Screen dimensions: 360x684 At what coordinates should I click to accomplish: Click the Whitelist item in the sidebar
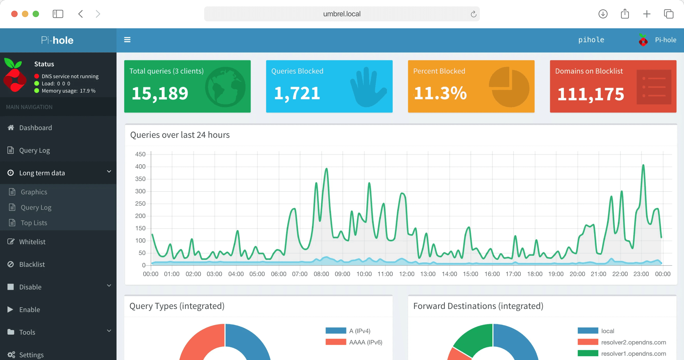(x=32, y=242)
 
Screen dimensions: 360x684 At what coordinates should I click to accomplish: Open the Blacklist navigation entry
(x=32, y=264)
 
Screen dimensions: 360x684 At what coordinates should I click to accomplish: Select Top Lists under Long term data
(x=34, y=223)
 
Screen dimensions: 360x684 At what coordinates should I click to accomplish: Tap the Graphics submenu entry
(x=34, y=192)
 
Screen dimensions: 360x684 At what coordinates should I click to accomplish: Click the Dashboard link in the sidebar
(x=35, y=128)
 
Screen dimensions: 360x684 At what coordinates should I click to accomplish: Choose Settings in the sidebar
(x=31, y=355)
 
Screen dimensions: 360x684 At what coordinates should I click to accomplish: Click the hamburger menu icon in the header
(x=127, y=40)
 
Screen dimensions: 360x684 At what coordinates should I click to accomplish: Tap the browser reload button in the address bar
(x=473, y=14)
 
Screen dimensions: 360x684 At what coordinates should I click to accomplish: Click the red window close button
(x=14, y=14)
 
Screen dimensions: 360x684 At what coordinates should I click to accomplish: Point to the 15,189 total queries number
(x=160, y=93)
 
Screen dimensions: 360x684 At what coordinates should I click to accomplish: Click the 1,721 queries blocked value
(x=297, y=93)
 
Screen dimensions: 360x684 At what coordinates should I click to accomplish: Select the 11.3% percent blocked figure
(x=440, y=93)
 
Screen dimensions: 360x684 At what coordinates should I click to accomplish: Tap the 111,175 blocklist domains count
(x=591, y=94)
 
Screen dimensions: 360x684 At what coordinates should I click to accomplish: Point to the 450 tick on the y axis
(x=140, y=154)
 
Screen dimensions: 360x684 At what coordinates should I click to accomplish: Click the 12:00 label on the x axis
(x=406, y=274)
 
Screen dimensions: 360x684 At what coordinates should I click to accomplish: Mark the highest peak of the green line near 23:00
(x=643, y=165)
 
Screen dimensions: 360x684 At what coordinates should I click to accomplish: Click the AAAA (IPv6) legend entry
(x=365, y=342)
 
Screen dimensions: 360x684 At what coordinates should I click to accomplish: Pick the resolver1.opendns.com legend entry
(x=633, y=354)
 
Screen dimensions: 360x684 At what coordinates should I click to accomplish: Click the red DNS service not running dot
(x=37, y=76)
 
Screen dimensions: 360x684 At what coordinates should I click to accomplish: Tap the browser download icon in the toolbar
(x=603, y=14)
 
